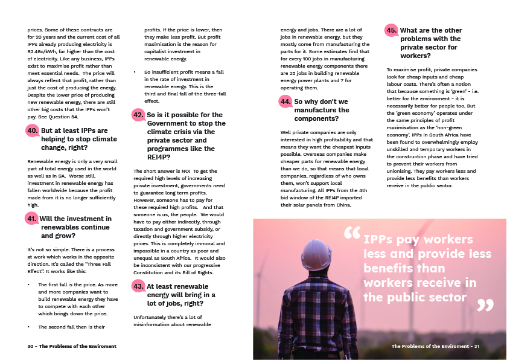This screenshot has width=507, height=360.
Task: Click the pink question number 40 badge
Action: pyautogui.click(x=33, y=130)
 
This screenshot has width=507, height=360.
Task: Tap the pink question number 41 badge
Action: pyautogui.click(x=33, y=219)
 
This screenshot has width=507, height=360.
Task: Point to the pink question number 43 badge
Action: pyautogui.click(x=139, y=286)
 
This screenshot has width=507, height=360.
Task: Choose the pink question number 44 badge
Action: pyautogui.click(x=285, y=102)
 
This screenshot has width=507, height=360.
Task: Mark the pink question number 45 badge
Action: pyautogui.click(x=392, y=30)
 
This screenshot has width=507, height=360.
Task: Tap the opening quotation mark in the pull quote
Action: pyautogui.click(x=351, y=234)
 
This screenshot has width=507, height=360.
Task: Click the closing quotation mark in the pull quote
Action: pyautogui.click(x=485, y=305)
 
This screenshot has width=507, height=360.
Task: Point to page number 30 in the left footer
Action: pyautogui.click(x=31, y=346)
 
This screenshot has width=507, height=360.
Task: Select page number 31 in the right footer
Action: pyautogui.click(x=476, y=346)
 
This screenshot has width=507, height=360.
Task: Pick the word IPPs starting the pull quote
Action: pyautogui.click(x=380, y=240)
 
